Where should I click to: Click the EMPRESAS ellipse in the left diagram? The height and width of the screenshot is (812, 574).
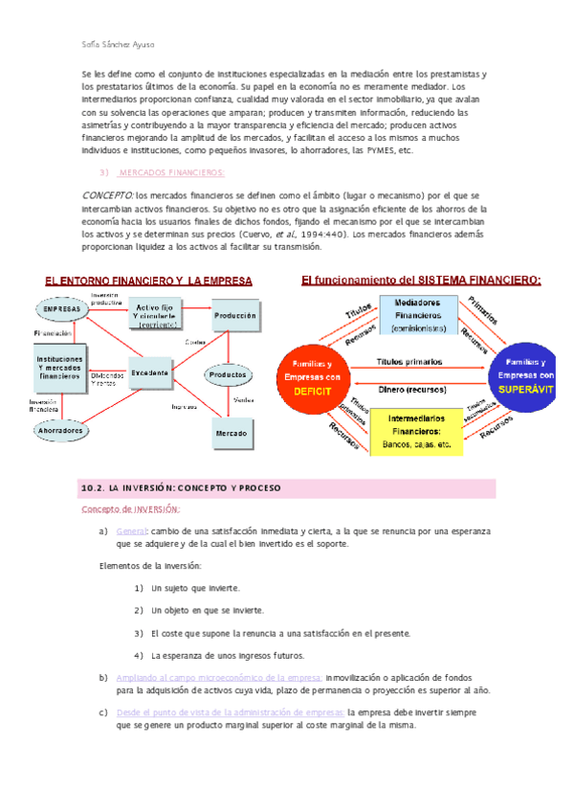click(62, 310)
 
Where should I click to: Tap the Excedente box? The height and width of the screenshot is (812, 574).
click(151, 372)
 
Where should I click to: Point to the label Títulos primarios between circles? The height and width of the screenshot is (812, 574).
click(408, 362)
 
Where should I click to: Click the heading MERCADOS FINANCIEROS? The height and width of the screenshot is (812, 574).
click(170, 172)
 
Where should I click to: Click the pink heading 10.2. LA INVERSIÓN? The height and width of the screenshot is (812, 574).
click(180, 488)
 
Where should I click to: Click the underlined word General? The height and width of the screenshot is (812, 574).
click(130, 530)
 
